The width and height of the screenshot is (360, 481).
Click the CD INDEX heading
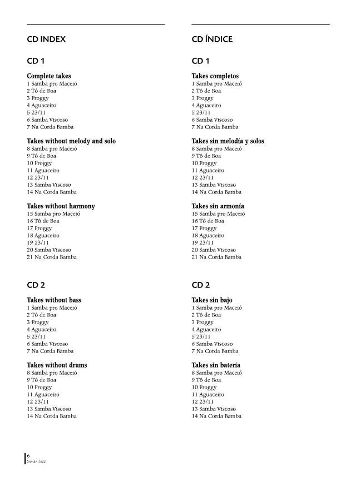46,39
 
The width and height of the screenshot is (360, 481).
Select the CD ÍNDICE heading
212,39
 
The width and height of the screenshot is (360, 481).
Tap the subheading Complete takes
49,76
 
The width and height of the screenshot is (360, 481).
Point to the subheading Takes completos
215,76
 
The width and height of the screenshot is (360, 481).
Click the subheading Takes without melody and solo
71,141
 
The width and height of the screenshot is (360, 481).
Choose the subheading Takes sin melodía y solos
228,141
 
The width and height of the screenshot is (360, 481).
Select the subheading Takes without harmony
61,206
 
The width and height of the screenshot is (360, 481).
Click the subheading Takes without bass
54,300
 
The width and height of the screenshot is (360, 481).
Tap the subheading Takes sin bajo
212,300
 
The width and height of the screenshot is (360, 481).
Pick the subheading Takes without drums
57,365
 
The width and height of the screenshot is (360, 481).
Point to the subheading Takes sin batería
216,365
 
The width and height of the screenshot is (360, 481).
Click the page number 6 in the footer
28,455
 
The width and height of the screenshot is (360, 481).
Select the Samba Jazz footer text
37,462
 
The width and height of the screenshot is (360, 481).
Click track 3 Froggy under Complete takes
38,98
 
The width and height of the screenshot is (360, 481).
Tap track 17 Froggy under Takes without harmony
40,229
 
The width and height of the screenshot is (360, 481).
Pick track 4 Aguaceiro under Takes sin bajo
206,330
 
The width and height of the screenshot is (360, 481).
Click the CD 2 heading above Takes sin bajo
200,285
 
